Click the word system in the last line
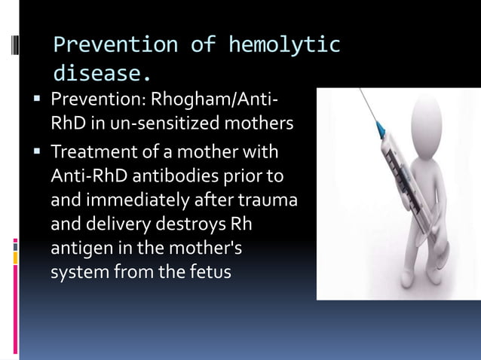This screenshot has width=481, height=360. point(79,271)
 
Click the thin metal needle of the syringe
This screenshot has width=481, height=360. point(369,105)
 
